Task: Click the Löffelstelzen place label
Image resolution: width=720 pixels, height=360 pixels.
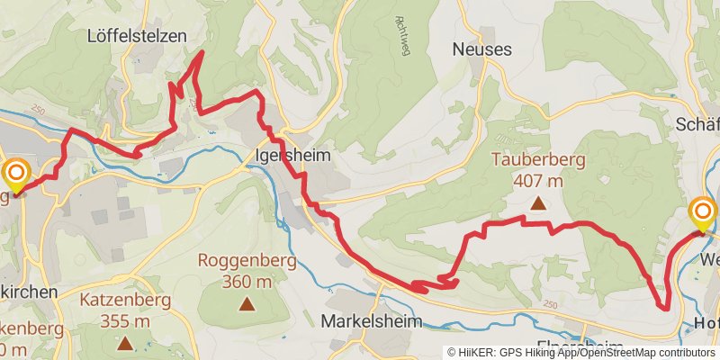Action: click(137, 36)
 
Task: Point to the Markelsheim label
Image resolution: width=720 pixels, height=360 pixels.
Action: click(365, 321)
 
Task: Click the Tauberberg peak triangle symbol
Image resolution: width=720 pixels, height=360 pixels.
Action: click(538, 203)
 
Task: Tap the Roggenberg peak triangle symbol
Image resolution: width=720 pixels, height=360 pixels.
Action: click(246, 304)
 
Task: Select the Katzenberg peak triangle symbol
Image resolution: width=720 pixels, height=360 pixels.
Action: click(124, 342)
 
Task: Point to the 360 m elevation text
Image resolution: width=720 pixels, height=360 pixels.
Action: click(246, 282)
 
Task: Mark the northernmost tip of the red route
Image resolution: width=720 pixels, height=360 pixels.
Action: click(201, 52)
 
